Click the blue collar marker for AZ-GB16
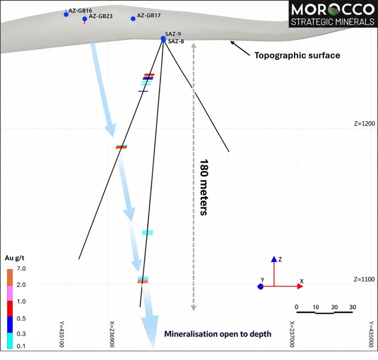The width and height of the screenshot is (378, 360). click(x=66, y=15)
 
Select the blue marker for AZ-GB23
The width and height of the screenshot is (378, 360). click(x=84, y=19)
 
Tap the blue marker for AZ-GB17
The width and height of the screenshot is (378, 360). click(x=133, y=18)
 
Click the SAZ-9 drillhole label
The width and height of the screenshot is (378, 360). click(x=173, y=34)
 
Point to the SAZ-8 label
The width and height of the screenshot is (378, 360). click(x=176, y=41)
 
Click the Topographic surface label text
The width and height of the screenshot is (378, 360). click(x=297, y=55)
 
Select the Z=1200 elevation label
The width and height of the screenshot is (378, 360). click(x=364, y=123)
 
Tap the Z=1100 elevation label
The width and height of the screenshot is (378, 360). click(x=364, y=279)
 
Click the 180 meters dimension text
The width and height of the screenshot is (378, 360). click(x=204, y=187)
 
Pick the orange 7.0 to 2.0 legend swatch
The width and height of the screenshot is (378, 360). click(x=10, y=278)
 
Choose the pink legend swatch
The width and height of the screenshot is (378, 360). click(x=10, y=294)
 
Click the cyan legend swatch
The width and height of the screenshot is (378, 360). click(x=10, y=341)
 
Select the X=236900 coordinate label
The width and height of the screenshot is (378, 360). click(x=112, y=334)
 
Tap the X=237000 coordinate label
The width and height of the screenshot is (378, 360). click(x=292, y=334)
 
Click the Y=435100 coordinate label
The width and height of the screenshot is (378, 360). click(x=62, y=334)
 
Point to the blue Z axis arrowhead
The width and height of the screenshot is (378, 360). click(x=274, y=259)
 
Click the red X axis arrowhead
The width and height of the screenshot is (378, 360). click(x=300, y=286)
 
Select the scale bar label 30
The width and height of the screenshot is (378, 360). click(x=353, y=307)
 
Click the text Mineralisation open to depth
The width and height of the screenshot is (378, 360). click(x=218, y=334)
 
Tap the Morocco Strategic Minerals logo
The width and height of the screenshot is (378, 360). click(x=333, y=14)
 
